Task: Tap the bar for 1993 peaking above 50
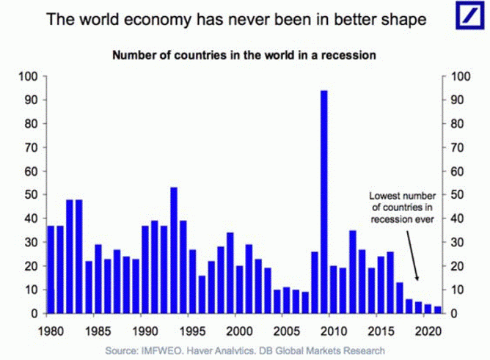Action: click(x=174, y=250)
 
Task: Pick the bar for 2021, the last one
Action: click(x=438, y=310)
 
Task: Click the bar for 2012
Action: click(x=352, y=272)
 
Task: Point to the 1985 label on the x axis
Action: click(x=98, y=329)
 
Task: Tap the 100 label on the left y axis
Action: click(x=28, y=76)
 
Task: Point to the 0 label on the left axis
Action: click(x=34, y=314)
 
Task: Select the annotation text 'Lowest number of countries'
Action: click(x=403, y=202)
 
